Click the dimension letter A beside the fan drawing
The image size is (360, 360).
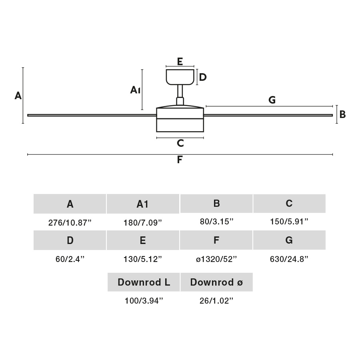18,96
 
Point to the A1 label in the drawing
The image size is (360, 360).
135,90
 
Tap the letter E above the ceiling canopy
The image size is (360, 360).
180,62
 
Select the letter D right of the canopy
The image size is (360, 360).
203,77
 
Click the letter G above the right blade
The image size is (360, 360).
272,100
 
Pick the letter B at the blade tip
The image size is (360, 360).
342,115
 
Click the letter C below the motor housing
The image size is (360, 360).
180,143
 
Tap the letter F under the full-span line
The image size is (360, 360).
180,160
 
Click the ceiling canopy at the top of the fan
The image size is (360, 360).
180,77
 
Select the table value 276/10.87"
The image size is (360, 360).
70,222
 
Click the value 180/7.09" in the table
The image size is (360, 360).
143,222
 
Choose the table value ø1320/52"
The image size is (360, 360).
216,259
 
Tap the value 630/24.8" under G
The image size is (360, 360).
289,259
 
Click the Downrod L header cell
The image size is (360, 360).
144,282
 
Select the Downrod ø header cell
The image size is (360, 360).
216,282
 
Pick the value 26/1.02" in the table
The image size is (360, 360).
216,301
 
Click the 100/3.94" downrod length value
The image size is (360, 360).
144,301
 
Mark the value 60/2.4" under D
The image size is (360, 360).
70,259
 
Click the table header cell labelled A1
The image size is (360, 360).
143,204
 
